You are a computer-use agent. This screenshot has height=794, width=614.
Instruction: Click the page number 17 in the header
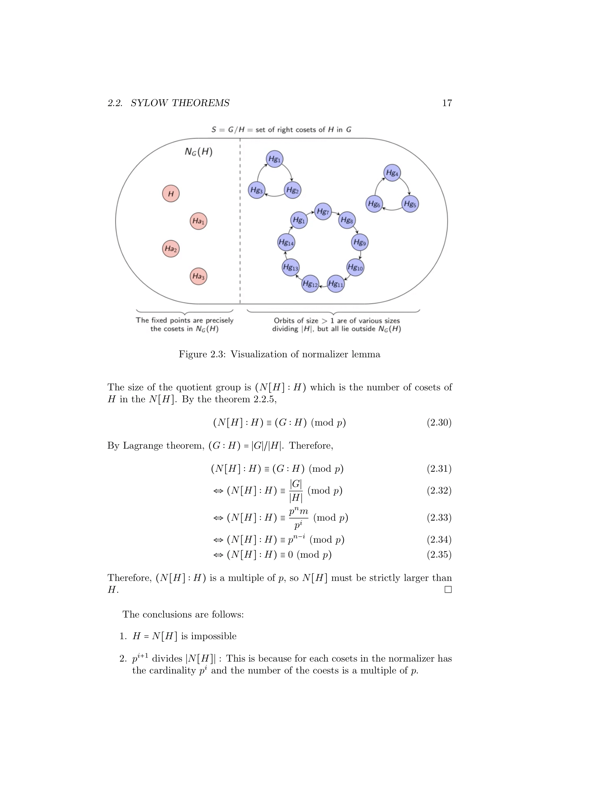[447, 103]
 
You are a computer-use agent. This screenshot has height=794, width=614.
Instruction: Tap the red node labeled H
[170, 193]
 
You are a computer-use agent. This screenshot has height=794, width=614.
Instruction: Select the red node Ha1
[198, 221]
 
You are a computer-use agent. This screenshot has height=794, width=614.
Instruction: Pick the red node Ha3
[198, 276]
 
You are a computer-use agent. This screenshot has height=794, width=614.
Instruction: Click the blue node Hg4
[392, 173]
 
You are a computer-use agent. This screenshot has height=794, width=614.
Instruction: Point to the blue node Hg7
[323, 211]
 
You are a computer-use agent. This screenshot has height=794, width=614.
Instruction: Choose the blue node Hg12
[310, 284]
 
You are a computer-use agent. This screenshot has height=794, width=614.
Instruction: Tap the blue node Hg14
[286, 243]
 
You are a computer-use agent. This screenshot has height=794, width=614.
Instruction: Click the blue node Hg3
[256, 190]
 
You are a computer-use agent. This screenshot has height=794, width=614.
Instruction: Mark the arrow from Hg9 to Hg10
[360, 255]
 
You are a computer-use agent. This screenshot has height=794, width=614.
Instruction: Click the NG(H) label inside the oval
[199, 152]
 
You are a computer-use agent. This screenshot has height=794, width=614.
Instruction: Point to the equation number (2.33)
[439, 517]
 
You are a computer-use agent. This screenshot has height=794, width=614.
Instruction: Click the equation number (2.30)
[439, 423]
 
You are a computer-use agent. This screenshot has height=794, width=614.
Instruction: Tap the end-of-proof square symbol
[448, 589]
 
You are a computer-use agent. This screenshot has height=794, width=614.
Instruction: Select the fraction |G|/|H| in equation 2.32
[296, 491]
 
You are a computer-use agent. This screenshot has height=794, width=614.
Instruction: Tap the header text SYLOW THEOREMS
[180, 103]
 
